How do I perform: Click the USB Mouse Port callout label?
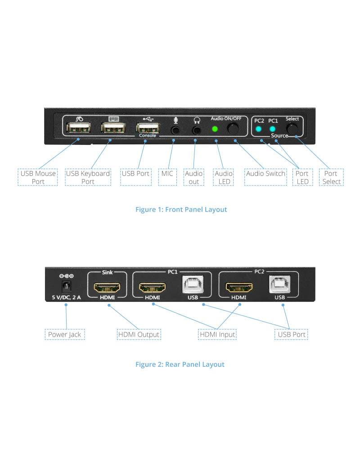[38, 177]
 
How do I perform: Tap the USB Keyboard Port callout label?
[88, 177]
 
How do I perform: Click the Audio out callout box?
[193, 177]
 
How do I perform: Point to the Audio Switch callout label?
[265, 173]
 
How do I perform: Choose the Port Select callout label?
[331, 177]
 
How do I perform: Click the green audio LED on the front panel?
[215, 129]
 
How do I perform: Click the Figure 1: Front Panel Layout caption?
[181, 209]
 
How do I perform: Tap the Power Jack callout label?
[65, 334]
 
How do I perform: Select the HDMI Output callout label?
[139, 334]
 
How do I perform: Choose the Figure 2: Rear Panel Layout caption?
[180, 364]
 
